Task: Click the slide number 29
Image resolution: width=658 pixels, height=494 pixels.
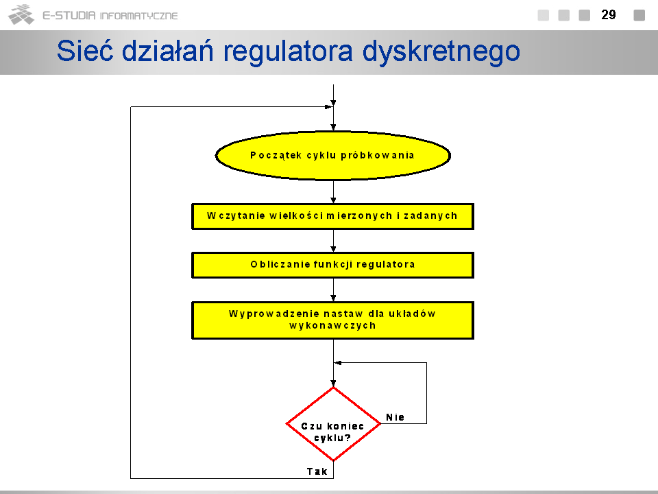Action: click(609, 14)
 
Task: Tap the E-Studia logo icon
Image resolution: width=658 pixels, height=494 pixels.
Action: click(21, 14)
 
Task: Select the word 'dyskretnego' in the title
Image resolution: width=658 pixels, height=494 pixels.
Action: click(441, 53)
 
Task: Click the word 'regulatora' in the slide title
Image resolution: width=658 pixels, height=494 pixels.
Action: click(288, 52)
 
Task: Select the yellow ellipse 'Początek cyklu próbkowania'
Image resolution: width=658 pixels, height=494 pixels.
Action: click(333, 156)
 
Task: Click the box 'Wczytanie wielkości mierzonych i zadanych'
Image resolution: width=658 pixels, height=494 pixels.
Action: click(333, 216)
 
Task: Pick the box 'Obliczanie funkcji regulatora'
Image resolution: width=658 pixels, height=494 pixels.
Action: click(333, 265)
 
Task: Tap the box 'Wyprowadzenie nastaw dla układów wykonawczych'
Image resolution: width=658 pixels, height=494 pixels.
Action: click(333, 320)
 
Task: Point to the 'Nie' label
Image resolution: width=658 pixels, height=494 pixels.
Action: click(395, 417)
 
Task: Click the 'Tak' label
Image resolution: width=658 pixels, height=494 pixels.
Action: click(317, 471)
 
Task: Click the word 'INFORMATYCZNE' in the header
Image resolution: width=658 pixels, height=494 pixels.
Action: click(139, 16)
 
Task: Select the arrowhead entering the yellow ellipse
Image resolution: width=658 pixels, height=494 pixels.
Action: click(333, 128)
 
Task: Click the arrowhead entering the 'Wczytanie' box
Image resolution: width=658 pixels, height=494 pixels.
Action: click(333, 200)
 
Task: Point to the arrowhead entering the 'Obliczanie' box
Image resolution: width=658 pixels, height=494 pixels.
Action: click(333, 249)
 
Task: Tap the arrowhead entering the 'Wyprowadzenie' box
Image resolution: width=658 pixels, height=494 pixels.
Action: click(333, 298)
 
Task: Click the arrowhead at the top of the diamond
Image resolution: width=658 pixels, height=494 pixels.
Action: click(333, 383)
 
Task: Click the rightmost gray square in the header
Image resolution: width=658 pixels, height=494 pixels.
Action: click(639, 15)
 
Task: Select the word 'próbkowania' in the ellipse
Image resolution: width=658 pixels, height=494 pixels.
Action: click(377, 156)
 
